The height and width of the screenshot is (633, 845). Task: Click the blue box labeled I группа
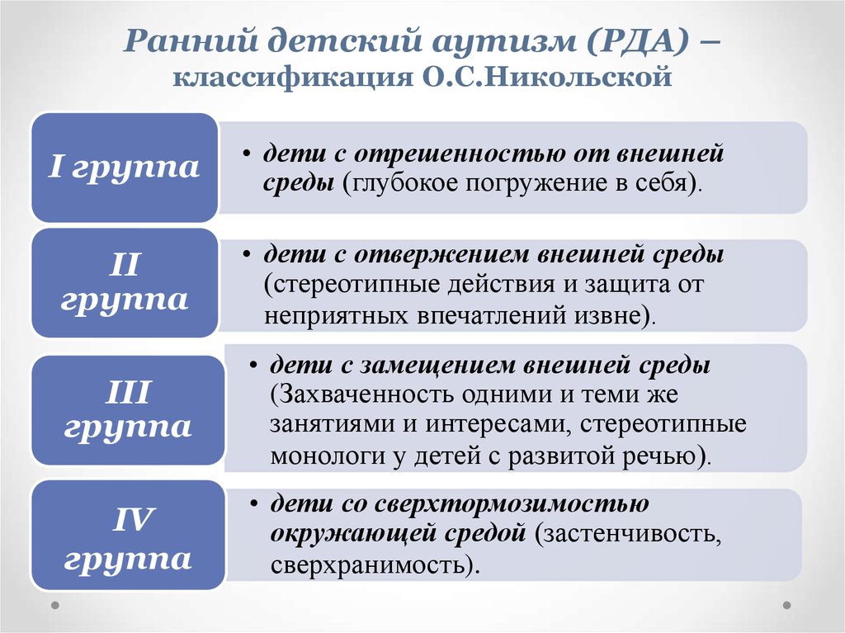tap(125, 168)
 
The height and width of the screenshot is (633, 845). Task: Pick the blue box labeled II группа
tap(125, 282)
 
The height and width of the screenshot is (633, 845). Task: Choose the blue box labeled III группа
tap(128, 410)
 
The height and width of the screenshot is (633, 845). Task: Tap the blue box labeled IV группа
tap(128, 535)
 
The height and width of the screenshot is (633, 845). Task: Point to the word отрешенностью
tap(459, 154)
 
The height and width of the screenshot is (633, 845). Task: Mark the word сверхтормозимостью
tap(512, 504)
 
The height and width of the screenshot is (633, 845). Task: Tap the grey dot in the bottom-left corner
tap(55, 606)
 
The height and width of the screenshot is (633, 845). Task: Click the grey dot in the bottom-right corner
tap(786, 606)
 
